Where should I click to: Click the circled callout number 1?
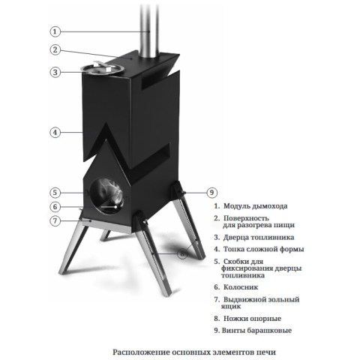(x=55, y=31)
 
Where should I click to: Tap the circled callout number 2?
(x=55, y=49)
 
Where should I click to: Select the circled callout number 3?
(x=55, y=72)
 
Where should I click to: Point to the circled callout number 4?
(x=55, y=132)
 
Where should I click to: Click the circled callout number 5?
(x=55, y=193)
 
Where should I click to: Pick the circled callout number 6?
(x=55, y=207)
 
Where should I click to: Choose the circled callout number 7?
(x=55, y=221)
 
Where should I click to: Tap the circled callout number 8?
(x=182, y=254)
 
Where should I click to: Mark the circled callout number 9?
(x=211, y=193)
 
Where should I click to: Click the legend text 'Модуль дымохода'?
(x=255, y=206)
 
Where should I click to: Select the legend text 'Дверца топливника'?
(x=259, y=237)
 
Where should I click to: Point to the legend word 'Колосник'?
(x=241, y=287)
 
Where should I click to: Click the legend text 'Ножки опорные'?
(x=252, y=319)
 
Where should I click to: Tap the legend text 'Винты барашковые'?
(x=256, y=331)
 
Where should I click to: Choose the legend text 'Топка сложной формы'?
(x=263, y=249)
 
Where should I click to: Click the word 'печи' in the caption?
(x=266, y=352)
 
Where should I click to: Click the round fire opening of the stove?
(x=106, y=196)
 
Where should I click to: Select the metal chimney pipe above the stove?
(x=149, y=28)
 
